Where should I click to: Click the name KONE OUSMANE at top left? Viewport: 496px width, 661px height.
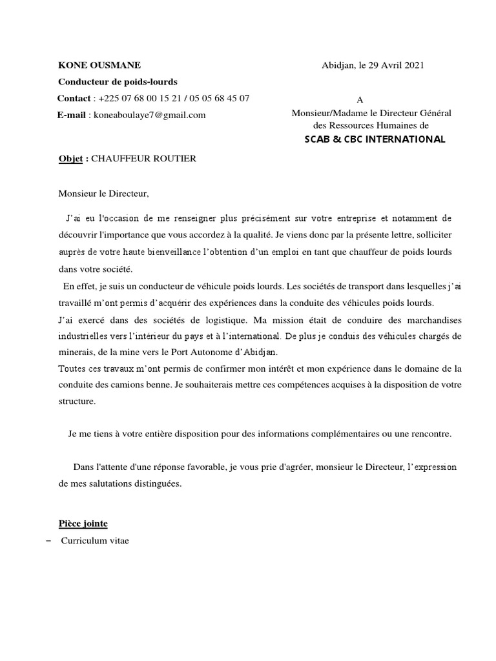pos(99,65)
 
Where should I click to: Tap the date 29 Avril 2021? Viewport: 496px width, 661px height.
pos(396,65)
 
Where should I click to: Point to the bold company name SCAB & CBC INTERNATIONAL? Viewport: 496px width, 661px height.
pos(375,139)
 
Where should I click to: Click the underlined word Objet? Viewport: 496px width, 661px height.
pos(70,159)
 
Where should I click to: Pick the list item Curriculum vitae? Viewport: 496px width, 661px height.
pos(95,540)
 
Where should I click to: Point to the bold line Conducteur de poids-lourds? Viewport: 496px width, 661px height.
pos(118,82)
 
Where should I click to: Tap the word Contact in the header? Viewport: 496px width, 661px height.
pos(74,98)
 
